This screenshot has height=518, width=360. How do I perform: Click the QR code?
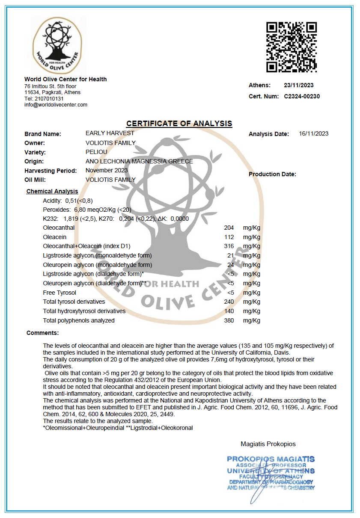[292, 47]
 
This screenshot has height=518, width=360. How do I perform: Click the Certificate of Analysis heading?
[179, 124]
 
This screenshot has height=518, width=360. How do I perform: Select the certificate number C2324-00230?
[302, 97]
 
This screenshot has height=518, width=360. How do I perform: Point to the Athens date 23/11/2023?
[299, 86]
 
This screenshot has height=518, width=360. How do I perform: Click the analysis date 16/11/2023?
[313, 134]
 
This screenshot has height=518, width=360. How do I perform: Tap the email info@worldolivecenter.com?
[56, 105]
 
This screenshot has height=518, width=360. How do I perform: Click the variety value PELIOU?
[96, 152]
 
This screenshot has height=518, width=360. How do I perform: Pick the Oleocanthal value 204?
[229, 228]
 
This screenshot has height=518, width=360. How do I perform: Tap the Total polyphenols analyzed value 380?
[229, 320]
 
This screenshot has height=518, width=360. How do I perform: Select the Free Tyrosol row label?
[60, 293]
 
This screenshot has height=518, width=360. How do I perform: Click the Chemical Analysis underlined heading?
[52, 191]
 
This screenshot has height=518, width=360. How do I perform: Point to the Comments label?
[42, 333]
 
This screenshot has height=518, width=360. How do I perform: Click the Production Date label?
[272, 174]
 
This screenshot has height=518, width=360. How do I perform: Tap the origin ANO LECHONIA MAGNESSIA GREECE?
[139, 161]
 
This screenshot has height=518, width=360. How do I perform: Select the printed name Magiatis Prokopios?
[268, 444]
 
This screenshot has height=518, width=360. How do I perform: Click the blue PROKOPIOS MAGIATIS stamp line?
[271, 459]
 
